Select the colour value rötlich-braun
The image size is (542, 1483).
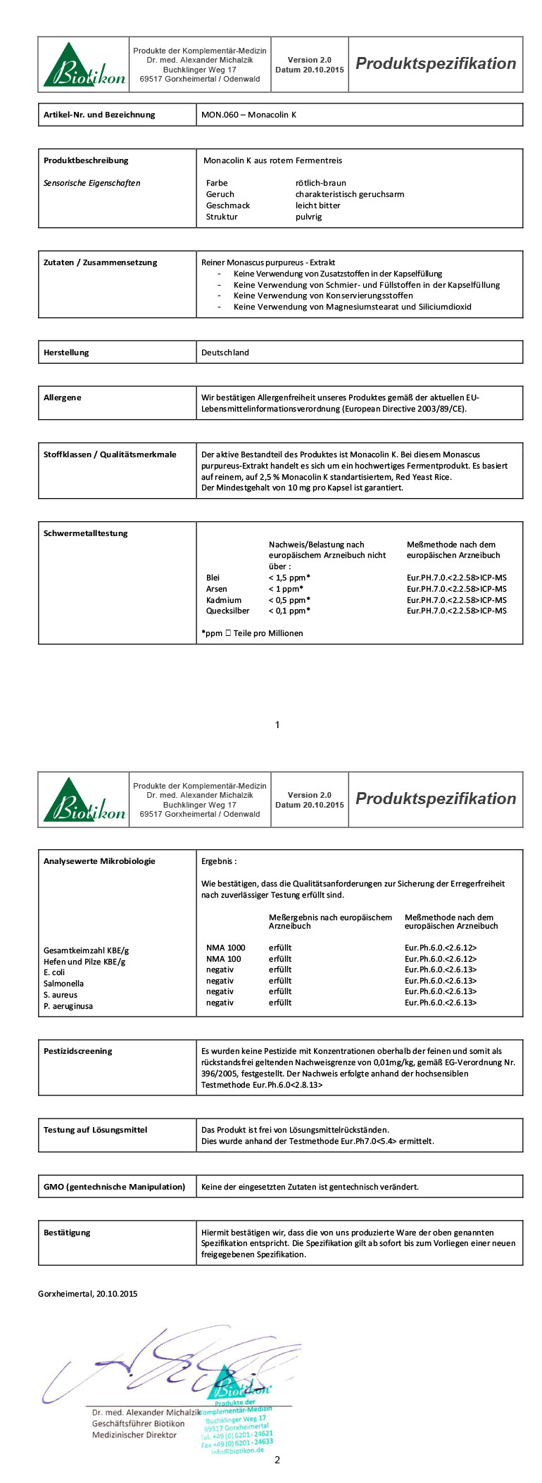tap(320, 183)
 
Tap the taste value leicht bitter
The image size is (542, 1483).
tap(317, 205)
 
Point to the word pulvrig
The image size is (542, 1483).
tap(308, 217)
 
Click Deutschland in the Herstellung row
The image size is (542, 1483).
tap(225, 352)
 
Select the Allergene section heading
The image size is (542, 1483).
tap(62, 397)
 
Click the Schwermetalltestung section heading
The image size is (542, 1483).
tap(85, 533)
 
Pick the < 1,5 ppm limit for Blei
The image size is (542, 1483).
tap(289, 578)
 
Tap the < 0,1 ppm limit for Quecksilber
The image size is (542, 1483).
tap(289, 611)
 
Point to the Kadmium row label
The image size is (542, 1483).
tap(223, 600)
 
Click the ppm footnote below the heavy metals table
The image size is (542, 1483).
tap(252, 633)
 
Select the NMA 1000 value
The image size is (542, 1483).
tap(225, 948)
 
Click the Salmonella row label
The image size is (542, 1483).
tap(63, 984)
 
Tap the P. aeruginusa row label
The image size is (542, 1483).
tap(68, 1006)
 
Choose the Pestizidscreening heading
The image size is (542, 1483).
tap(77, 1051)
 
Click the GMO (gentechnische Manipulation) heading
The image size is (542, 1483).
tap(114, 1187)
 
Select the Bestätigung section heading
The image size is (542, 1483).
tap(67, 1233)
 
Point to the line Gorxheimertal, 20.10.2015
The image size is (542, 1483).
tap(87, 1293)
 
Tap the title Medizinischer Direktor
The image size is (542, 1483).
tap(134, 1434)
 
